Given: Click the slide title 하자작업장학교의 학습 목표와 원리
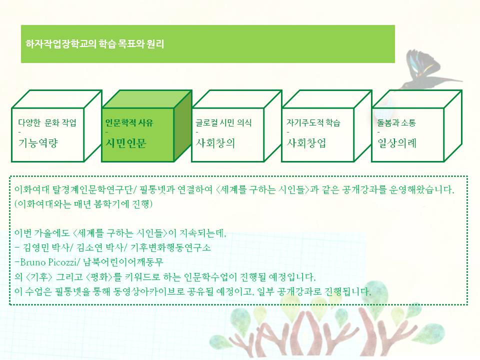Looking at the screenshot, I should pos(95,44).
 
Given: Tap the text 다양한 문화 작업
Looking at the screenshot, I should pos(50,122).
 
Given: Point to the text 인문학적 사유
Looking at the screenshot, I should pos(129,122).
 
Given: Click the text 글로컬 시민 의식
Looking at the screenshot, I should pos(223,122).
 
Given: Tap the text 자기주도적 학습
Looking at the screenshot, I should pos(313,122).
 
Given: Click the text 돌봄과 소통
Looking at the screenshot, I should pos(396,122).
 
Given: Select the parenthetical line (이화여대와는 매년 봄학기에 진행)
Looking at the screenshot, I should pos(83,205).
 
